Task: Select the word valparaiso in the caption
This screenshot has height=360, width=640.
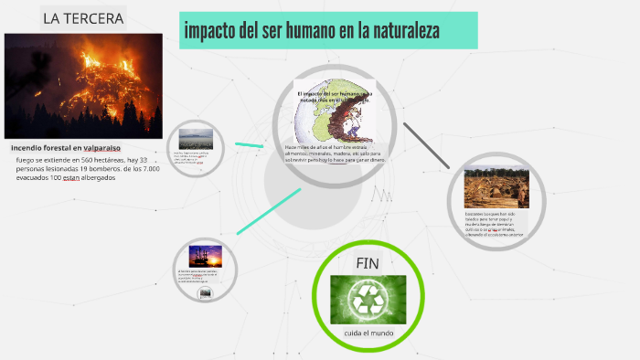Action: point(101,148)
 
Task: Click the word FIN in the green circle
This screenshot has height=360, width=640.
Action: point(368,264)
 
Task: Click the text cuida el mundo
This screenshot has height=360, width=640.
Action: point(369,333)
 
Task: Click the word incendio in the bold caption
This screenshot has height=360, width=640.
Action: point(29,148)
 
